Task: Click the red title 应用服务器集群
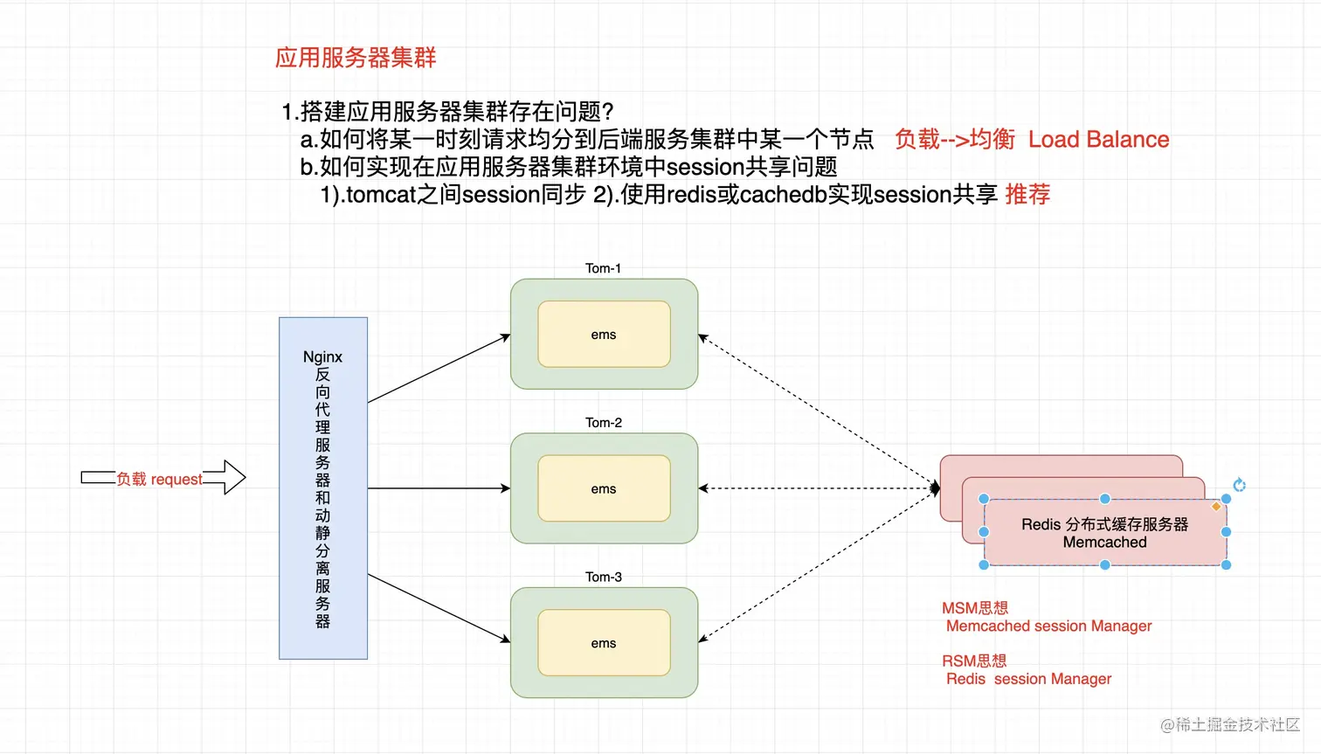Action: [x=356, y=58]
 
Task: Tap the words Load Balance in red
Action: [x=1098, y=140]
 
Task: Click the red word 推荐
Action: [x=1027, y=194]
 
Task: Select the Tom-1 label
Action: [x=603, y=268]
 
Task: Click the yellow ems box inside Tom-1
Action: [x=604, y=335]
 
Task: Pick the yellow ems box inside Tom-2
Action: [x=604, y=488]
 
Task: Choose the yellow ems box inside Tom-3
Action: [x=604, y=643]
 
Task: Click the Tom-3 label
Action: [x=603, y=577]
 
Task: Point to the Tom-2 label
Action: [x=603, y=423]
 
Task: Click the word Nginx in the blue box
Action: [x=322, y=356]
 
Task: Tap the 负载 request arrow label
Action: [x=159, y=479]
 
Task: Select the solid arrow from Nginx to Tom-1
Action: [x=439, y=369]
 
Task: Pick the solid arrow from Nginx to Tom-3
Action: [x=439, y=608]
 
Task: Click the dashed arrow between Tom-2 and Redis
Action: [x=817, y=488]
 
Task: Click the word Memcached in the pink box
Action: [x=1104, y=543]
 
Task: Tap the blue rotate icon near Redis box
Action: [x=1239, y=485]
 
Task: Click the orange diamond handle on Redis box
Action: [x=1216, y=506]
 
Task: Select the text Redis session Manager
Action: [x=1028, y=679]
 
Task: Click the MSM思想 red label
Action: [x=974, y=608]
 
